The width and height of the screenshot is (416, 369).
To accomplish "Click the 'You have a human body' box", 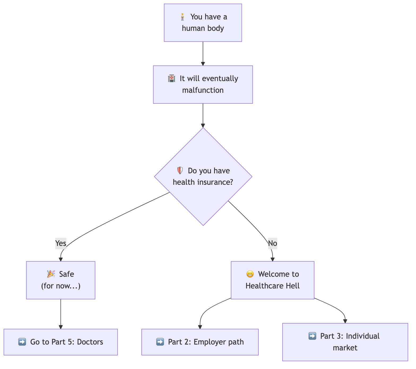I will pos(203,23).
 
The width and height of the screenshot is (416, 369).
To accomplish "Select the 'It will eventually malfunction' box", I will pos(203,84).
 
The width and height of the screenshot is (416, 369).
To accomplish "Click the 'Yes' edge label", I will pos(60,243).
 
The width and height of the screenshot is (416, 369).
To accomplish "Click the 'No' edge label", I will pos(272,243).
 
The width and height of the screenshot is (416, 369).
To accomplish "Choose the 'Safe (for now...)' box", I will pos(60,280).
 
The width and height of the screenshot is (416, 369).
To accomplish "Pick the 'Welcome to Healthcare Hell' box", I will pos(272,280).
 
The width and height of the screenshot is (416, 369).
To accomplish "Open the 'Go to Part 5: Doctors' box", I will pos(60,342).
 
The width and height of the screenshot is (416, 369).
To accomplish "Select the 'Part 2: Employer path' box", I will pos(200,342).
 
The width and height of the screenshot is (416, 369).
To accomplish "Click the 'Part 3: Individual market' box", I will pos(345,342).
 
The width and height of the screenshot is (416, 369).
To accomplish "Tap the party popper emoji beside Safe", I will pos(51,274).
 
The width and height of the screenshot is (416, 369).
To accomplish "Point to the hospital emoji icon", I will pos(172,79).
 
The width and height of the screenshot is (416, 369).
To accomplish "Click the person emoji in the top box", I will pos(182,17).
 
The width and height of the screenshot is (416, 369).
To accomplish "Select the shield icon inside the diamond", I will pos(180,171).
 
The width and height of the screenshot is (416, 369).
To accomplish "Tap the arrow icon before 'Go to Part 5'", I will pos(22,342).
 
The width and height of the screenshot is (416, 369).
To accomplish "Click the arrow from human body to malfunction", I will pos(203,53).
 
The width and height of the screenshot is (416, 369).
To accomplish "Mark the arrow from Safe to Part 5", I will pos(60,314).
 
